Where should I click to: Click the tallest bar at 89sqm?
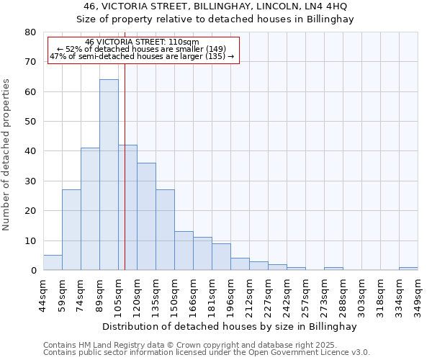109,175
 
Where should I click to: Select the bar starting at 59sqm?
71,230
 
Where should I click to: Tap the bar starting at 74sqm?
90,209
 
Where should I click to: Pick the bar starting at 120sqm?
146,216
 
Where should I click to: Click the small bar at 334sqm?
408,269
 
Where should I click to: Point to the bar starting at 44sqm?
53,263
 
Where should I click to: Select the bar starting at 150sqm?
184,251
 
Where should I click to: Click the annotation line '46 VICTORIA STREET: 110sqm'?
142,42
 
